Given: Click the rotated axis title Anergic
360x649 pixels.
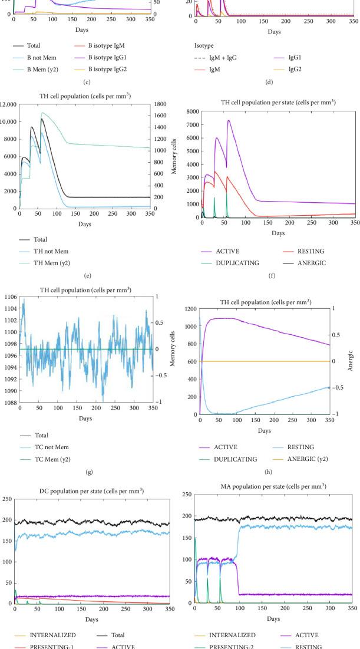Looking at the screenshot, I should coord(349,361).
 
